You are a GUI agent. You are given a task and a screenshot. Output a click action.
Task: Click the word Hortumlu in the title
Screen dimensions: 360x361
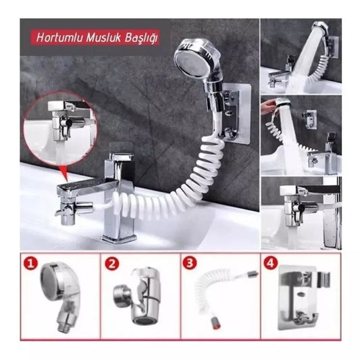click(x=59, y=38)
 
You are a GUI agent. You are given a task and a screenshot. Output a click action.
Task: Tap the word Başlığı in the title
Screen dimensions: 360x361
click(x=141, y=39)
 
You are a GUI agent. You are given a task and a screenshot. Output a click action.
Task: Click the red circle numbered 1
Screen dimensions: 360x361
click(x=30, y=263)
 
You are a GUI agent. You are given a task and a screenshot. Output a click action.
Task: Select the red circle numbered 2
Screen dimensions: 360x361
click(x=112, y=264)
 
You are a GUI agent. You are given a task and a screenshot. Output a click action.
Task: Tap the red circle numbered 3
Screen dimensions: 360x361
click(x=189, y=263)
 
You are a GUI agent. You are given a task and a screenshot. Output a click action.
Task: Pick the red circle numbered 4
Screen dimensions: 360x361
click(x=271, y=263)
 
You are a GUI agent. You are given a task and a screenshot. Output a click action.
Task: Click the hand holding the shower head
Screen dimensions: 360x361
click(x=269, y=105)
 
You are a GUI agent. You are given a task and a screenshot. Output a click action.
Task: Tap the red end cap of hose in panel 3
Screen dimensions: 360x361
click(x=216, y=325)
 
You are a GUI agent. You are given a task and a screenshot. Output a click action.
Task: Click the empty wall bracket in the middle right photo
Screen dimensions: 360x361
click(x=310, y=118)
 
